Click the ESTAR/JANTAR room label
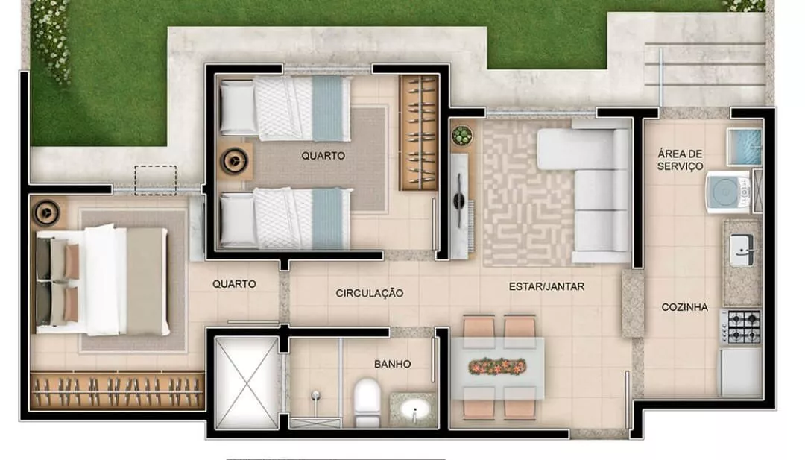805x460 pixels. pos(546,286)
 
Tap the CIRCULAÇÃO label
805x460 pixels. pos(370,293)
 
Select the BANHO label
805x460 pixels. pos(392,364)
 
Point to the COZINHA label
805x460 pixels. pos(684,307)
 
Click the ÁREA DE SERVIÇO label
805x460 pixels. pos(681,160)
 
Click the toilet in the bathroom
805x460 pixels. pos(367,402)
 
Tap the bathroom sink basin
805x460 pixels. pos(415,410)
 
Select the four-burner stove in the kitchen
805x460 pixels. pos(741,327)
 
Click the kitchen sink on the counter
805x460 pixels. pos(742,250)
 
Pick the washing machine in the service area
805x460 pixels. pos(728,192)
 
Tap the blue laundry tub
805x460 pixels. pos(744,147)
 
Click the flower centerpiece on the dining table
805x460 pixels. pos(497,367)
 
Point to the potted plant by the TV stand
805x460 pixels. pos(462,136)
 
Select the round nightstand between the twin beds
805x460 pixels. pos(236,161)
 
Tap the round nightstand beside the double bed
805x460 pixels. pos(47,212)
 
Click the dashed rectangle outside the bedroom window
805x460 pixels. pos(156,180)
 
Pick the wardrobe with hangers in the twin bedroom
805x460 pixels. pos(419,133)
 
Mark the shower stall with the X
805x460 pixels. pos(247,382)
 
